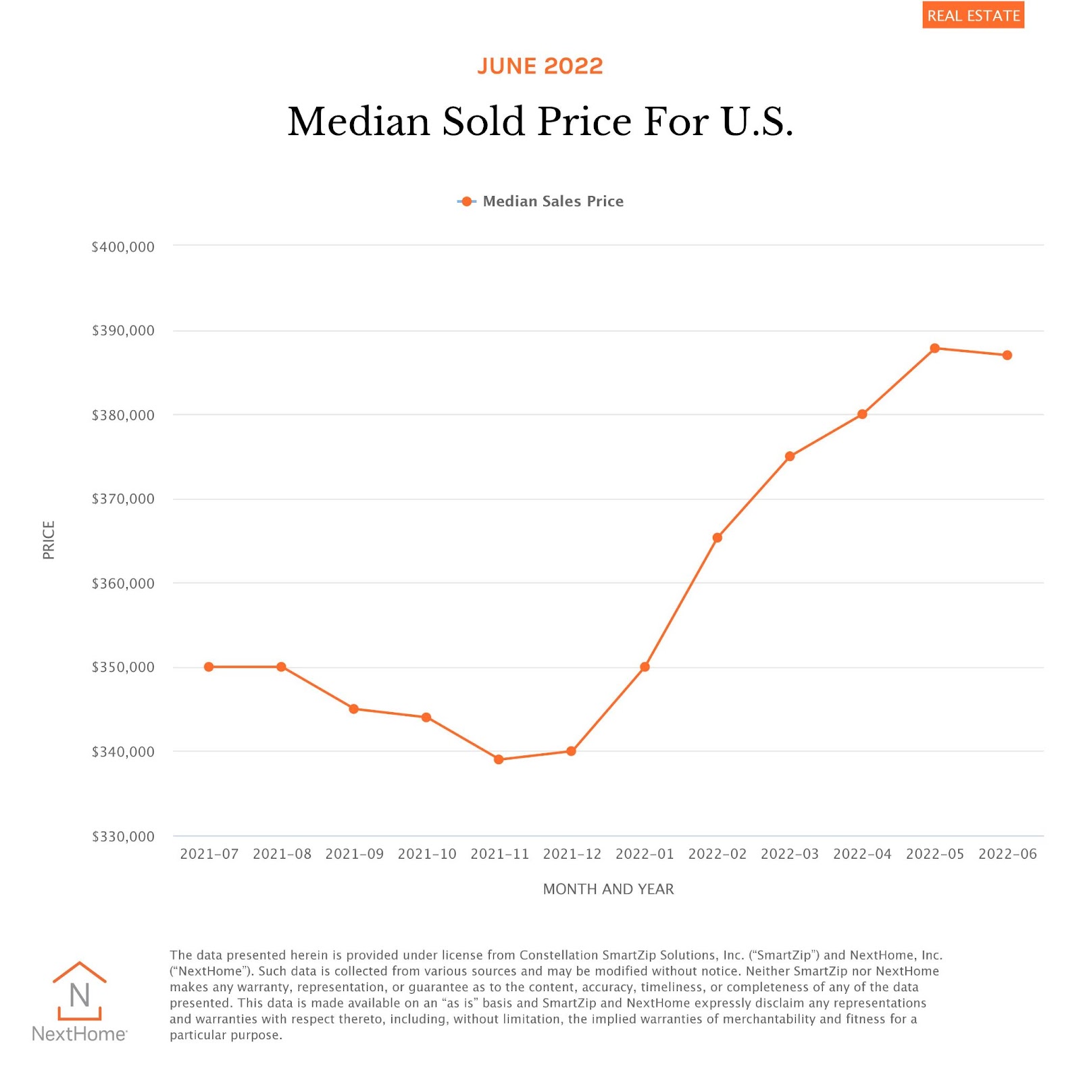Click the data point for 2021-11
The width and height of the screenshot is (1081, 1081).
[499, 759]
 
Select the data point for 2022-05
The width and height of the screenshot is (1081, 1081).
[934, 349]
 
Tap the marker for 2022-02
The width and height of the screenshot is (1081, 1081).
[718, 538]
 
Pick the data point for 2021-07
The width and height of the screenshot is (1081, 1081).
[209, 667]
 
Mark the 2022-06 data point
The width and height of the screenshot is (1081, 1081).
[1007, 355]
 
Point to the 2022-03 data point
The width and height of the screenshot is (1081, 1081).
[790, 457]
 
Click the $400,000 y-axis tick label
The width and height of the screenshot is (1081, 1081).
[123, 247]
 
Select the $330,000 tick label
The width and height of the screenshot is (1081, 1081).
[123, 836]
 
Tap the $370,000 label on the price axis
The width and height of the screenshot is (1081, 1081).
[123, 499]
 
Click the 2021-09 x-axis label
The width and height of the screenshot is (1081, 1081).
[354, 854]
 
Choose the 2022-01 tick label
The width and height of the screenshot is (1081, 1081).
[645, 854]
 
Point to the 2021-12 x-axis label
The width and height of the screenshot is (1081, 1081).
[572, 854]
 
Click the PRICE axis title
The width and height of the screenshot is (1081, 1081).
[49, 540]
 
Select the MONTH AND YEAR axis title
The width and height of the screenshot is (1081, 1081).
[608, 889]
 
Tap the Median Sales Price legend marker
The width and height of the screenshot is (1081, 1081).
[466, 201]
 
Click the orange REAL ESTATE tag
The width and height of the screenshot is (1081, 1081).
[973, 16]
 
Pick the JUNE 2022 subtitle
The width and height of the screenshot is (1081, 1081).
[540, 66]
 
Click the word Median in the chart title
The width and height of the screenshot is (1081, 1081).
[359, 122]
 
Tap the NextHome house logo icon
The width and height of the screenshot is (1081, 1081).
[80, 991]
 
